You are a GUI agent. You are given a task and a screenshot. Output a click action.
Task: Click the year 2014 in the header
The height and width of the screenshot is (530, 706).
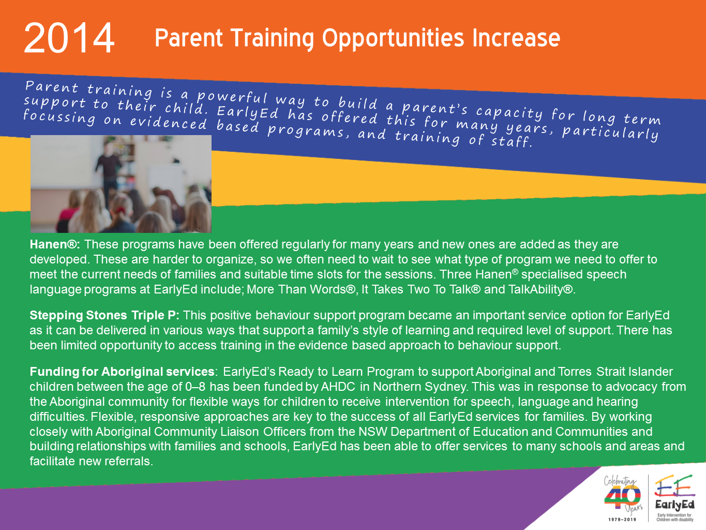tap(69, 38)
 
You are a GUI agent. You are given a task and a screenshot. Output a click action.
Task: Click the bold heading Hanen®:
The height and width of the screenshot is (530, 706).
tap(55, 244)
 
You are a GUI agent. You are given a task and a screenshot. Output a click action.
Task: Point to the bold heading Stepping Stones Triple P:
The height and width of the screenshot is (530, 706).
tap(104, 315)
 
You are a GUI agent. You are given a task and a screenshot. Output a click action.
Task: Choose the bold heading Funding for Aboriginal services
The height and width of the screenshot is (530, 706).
tap(122, 372)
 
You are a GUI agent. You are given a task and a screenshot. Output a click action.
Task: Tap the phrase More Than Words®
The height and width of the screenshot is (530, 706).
tap(301, 289)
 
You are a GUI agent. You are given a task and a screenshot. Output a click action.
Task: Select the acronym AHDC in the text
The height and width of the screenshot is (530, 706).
tap(338, 387)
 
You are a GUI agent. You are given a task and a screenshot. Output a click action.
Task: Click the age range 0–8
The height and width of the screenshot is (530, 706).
tap(195, 387)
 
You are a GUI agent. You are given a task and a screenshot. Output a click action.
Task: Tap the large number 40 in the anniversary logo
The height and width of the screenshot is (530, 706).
tap(622, 497)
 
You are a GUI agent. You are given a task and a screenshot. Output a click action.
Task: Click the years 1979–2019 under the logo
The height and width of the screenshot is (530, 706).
tap(622, 519)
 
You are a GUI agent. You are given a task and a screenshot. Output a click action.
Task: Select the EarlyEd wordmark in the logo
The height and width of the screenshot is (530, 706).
tap(675, 505)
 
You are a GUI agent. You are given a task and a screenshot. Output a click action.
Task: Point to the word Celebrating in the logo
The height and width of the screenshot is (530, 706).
tap(620, 481)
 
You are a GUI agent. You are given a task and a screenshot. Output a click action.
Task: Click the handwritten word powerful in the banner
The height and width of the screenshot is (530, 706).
tap(232, 97)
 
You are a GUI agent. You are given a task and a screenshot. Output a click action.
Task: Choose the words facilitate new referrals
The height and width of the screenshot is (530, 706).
tap(92, 462)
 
